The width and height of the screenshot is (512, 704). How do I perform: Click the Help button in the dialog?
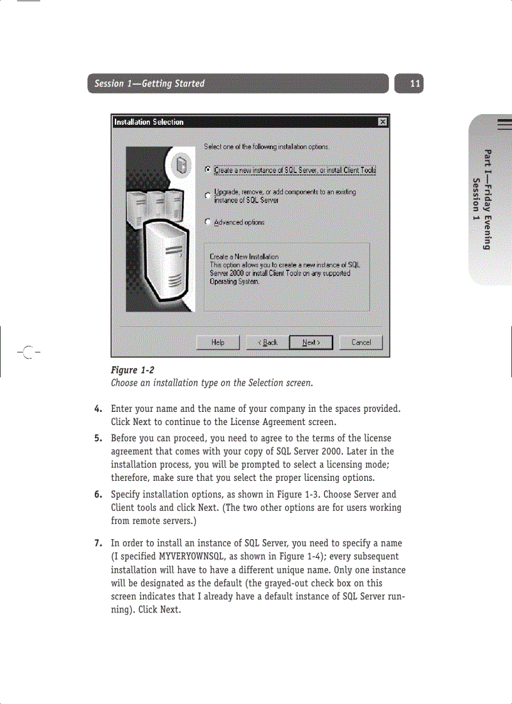(x=218, y=342)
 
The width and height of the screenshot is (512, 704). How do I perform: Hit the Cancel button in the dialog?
(x=361, y=342)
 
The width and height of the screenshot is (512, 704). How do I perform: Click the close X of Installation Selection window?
(x=382, y=122)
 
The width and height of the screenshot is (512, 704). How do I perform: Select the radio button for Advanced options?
(x=208, y=222)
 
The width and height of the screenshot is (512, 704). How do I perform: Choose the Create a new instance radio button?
(x=208, y=170)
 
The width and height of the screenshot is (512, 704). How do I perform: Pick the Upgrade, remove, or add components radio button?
(x=208, y=196)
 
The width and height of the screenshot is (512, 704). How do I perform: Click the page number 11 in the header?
(x=415, y=83)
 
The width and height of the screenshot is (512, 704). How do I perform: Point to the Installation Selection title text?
(x=149, y=122)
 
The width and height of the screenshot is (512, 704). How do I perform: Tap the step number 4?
(x=99, y=409)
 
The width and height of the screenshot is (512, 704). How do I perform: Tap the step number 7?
(x=99, y=543)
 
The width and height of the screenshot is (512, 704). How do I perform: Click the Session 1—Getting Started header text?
(x=149, y=83)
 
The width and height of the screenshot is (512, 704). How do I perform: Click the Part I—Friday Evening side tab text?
(x=488, y=199)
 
